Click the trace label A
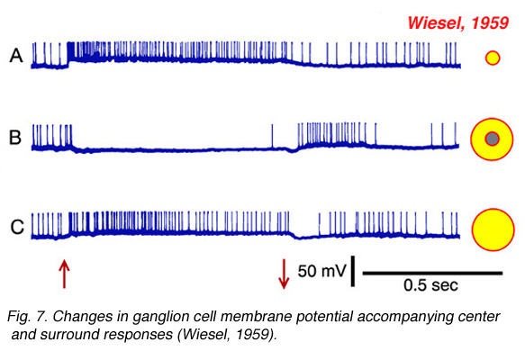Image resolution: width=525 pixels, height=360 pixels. pos(16,56)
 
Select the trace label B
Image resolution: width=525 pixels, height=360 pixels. pos(15,138)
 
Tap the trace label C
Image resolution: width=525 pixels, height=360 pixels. pos(17,227)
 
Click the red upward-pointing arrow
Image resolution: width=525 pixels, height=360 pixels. pos(64,274)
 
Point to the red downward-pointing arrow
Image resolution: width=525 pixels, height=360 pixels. pos(284,274)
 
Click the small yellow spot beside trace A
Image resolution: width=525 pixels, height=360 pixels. pos(493,58)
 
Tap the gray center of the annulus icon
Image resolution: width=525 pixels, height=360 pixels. pos(493,139)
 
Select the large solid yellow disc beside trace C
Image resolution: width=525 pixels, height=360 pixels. pos(493,229)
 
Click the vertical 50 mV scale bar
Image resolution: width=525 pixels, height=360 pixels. pos(353,271)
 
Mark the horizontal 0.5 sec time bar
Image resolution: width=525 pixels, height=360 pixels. pos(432,274)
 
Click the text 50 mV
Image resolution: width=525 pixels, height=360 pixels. pos(321,271)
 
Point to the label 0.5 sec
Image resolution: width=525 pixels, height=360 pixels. pos(430,285)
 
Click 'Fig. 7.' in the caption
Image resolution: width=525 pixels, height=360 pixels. pos(27,317)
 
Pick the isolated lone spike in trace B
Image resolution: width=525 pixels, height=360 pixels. pos(272,136)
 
